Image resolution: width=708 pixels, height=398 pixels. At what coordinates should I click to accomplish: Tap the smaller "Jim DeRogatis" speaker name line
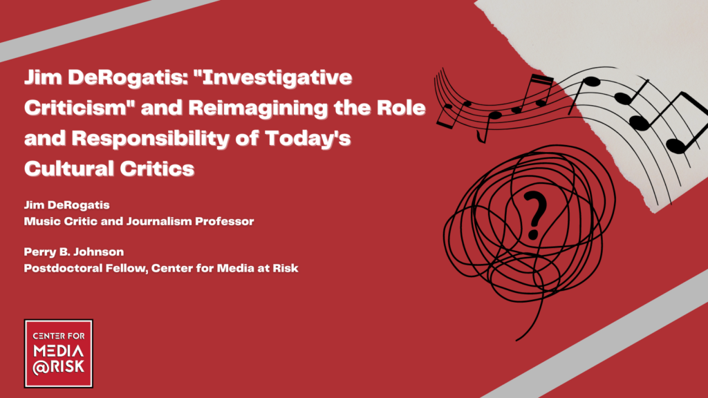67,205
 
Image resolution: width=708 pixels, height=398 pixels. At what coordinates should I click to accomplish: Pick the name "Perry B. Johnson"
74,252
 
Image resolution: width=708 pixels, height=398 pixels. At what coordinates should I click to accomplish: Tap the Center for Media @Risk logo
59,354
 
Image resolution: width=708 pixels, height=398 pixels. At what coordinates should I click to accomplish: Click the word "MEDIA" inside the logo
59,352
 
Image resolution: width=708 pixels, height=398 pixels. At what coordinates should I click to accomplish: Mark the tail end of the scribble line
516,340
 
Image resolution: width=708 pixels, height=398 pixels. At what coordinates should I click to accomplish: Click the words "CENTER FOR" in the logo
59,336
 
